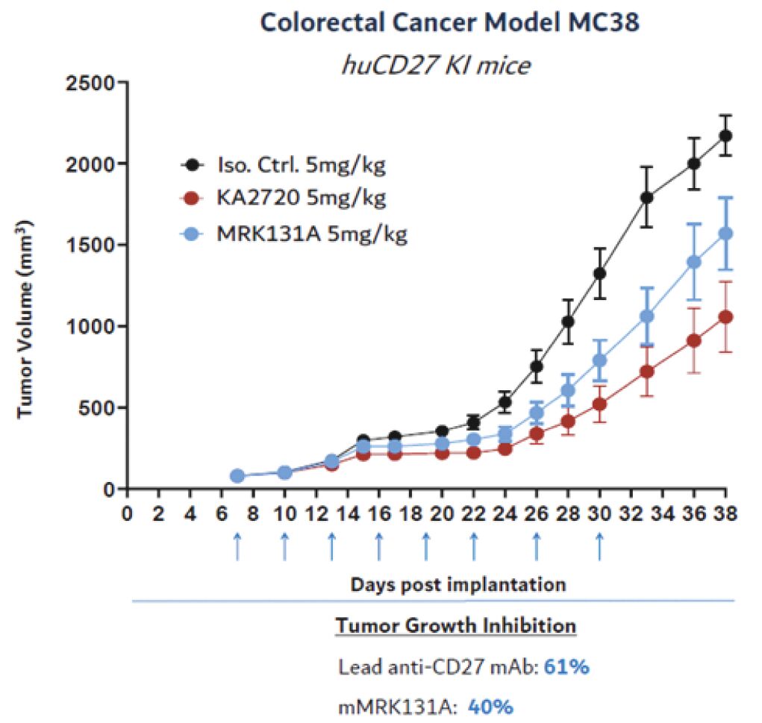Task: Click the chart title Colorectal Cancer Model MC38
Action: (449, 23)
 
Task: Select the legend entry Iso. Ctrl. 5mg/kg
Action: (301, 165)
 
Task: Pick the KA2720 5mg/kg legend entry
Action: (301, 198)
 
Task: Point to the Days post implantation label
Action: (458, 583)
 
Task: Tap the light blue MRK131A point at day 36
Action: (694, 262)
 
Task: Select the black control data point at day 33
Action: (647, 198)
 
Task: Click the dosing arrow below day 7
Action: (237, 546)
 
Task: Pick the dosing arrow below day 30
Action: (599, 546)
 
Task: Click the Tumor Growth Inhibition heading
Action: (456, 625)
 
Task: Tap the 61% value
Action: (567, 667)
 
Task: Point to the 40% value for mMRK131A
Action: (490, 707)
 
